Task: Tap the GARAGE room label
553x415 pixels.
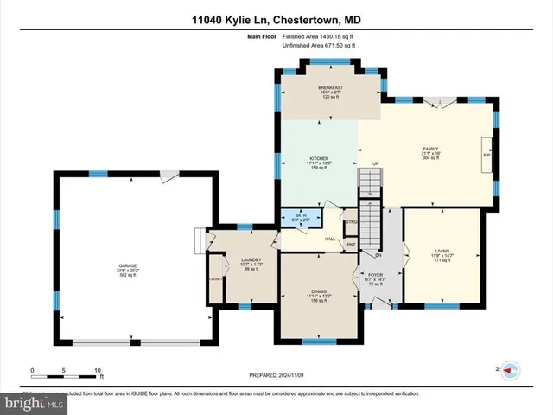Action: pyautogui.click(x=127, y=265)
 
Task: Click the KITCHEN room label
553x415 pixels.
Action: pyautogui.click(x=319, y=158)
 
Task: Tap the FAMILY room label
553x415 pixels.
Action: pyautogui.click(x=430, y=149)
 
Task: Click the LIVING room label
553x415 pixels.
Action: pyautogui.click(x=442, y=252)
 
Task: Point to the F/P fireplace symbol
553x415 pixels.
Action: pyautogui.click(x=486, y=156)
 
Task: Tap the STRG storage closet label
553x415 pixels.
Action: pyautogui.click(x=352, y=223)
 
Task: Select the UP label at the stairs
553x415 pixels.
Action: pyautogui.click(x=375, y=163)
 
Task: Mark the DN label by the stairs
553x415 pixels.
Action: pyautogui.click(x=378, y=256)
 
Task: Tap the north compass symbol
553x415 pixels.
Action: pyautogui.click(x=508, y=369)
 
